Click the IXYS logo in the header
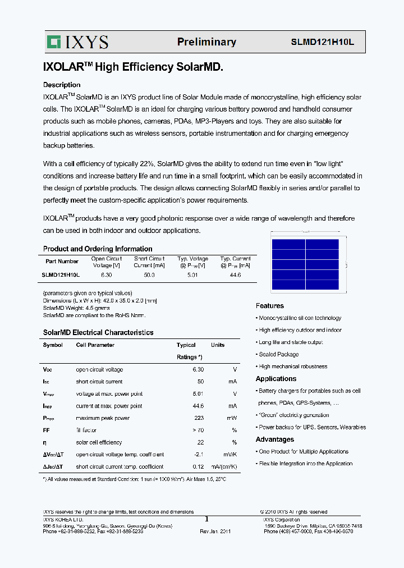click(77, 42)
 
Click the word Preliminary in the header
click(206, 42)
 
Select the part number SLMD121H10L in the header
click(322, 42)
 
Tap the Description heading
click(62, 85)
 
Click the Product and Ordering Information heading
click(98, 249)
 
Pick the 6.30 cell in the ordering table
click(106, 275)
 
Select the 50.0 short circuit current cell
click(149, 275)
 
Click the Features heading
click(270, 306)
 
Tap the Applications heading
click(276, 379)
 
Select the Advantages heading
click(275, 439)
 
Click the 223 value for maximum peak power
click(199, 418)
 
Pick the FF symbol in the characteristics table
click(47, 430)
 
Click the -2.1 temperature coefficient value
click(198, 455)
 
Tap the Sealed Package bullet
click(278, 355)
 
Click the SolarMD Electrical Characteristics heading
click(98, 332)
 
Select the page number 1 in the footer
click(206, 520)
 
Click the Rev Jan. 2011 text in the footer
click(215, 531)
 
